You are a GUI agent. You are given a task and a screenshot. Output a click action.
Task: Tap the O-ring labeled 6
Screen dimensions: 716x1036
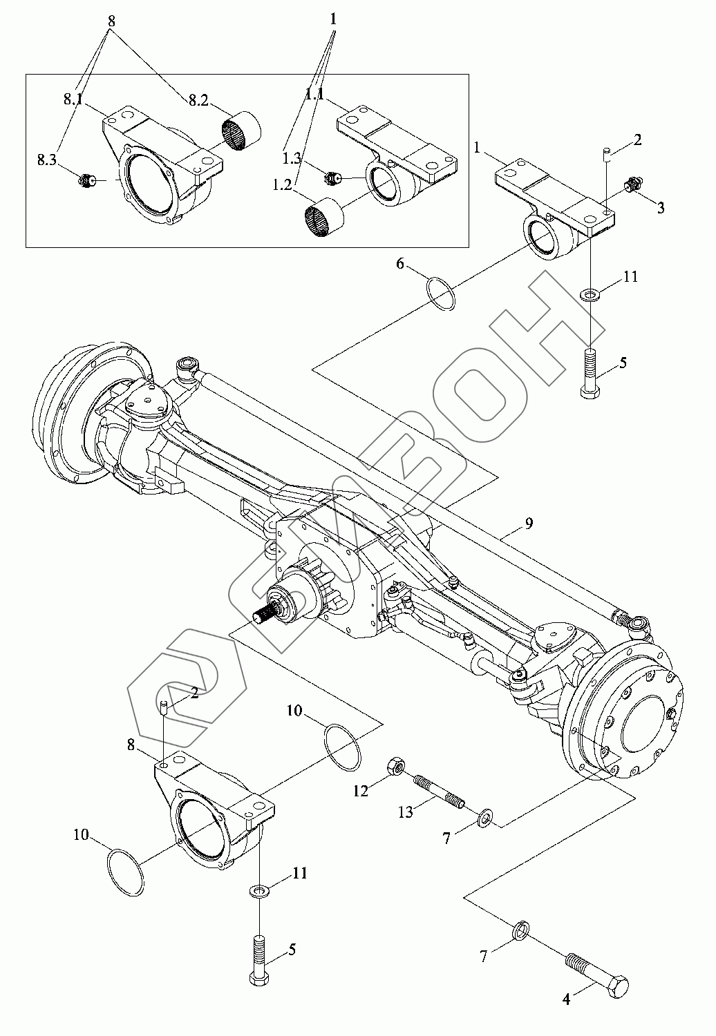click(440, 294)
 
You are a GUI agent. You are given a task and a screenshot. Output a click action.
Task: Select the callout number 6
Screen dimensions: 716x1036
click(400, 264)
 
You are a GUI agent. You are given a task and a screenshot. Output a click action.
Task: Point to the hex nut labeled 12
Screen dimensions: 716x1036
click(397, 767)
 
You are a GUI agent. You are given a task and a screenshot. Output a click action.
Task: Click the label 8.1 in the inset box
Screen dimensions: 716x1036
click(73, 99)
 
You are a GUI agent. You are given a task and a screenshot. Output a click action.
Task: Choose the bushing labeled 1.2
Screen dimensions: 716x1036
click(324, 218)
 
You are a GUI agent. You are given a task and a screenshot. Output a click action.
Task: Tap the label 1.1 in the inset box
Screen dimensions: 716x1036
click(314, 95)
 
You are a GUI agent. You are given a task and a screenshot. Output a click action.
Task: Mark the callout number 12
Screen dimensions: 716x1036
click(361, 792)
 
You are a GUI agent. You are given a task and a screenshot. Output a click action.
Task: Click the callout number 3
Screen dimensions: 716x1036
click(661, 208)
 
